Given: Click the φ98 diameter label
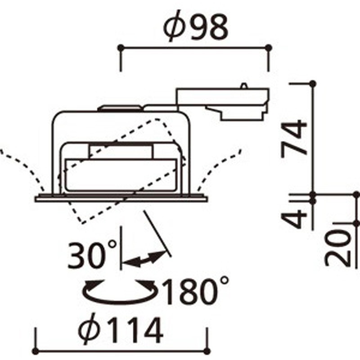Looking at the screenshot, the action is [x=196, y=26].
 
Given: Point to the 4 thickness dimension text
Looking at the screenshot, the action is [x=294, y=219].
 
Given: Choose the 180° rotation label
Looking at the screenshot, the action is [x=195, y=290].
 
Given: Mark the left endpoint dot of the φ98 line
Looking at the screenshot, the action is [x=121, y=48].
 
